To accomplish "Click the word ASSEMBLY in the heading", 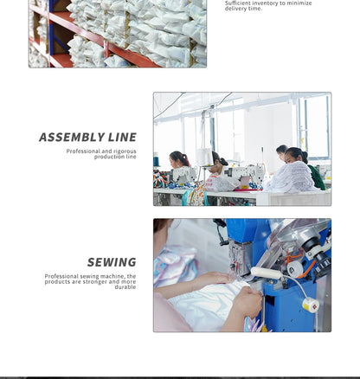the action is pyautogui.click(x=72, y=138).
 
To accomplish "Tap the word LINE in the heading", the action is pyautogui.click(x=122, y=138).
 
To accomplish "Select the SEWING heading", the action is pyautogui.click(x=112, y=262).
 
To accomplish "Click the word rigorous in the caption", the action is pyautogui.click(x=125, y=151).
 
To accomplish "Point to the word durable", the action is pyautogui.click(x=125, y=287).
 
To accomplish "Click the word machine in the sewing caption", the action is pyautogui.click(x=112, y=276).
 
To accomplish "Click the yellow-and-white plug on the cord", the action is pyautogui.click(x=311, y=305).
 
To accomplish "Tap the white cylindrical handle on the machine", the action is pyautogui.click(x=266, y=273).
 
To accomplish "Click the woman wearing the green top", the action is pyautogui.click(x=305, y=167).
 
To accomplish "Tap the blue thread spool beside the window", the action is pyautogui.click(x=156, y=162).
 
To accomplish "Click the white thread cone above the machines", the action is pyautogui.click(x=205, y=157).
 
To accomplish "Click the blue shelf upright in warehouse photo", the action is pyautogui.click(x=52, y=32).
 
